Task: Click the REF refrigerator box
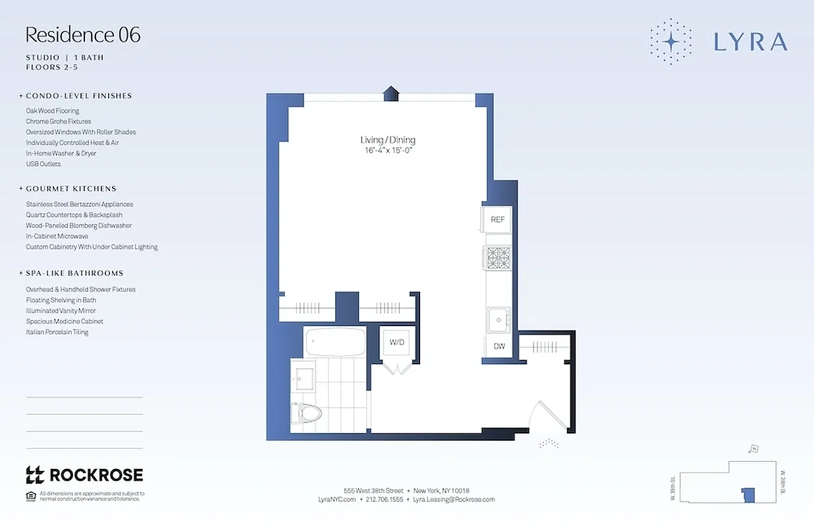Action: point(498,219)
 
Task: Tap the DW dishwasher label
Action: point(499,347)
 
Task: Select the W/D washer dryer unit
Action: point(397,343)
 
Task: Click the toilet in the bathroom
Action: point(307,414)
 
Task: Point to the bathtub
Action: point(335,342)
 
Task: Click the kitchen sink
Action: point(499,321)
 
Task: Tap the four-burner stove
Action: point(499,258)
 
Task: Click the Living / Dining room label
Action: point(388,140)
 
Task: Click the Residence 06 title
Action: point(83,35)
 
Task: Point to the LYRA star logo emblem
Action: point(670,42)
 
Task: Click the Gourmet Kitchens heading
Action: point(71,188)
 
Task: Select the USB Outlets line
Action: point(43,164)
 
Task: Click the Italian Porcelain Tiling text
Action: point(57,332)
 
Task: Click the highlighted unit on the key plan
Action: point(747,495)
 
